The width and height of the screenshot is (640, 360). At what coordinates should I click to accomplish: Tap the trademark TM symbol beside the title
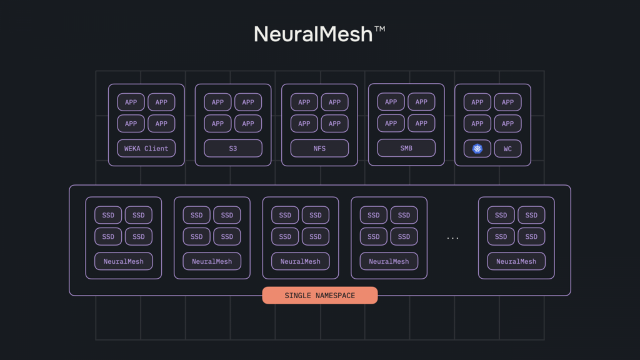tap(379, 29)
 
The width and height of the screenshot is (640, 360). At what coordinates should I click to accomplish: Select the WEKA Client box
tap(146, 149)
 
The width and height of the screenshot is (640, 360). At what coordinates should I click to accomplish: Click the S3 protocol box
tap(233, 149)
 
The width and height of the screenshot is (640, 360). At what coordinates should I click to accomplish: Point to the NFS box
tap(319, 149)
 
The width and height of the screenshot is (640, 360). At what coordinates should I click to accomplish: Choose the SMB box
tap(406, 148)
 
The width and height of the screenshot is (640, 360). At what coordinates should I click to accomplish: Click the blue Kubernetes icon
tap(477, 149)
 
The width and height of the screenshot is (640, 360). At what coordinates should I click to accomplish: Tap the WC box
tap(507, 149)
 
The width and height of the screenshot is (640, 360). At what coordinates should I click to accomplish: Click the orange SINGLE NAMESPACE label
tap(320, 296)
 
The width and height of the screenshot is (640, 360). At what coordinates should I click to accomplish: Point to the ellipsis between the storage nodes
tap(452, 238)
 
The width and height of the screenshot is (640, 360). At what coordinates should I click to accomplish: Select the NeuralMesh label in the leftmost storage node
tap(124, 261)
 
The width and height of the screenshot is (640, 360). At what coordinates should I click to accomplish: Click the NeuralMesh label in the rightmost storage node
tap(516, 261)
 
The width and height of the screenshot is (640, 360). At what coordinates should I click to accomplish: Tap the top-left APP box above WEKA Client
tap(131, 102)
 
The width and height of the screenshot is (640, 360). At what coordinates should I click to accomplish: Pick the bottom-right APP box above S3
tap(248, 124)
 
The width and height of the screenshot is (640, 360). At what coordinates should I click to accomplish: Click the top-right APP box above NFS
tap(335, 102)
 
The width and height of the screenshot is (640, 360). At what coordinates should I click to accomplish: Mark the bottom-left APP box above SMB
tap(391, 123)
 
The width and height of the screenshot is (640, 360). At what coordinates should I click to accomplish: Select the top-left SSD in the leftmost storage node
tap(108, 215)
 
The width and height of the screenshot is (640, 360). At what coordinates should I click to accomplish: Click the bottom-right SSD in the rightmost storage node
tap(531, 237)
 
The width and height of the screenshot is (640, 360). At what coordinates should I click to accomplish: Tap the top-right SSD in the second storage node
tap(227, 215)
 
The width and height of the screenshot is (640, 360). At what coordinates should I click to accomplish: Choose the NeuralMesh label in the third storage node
tap(301, 261)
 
